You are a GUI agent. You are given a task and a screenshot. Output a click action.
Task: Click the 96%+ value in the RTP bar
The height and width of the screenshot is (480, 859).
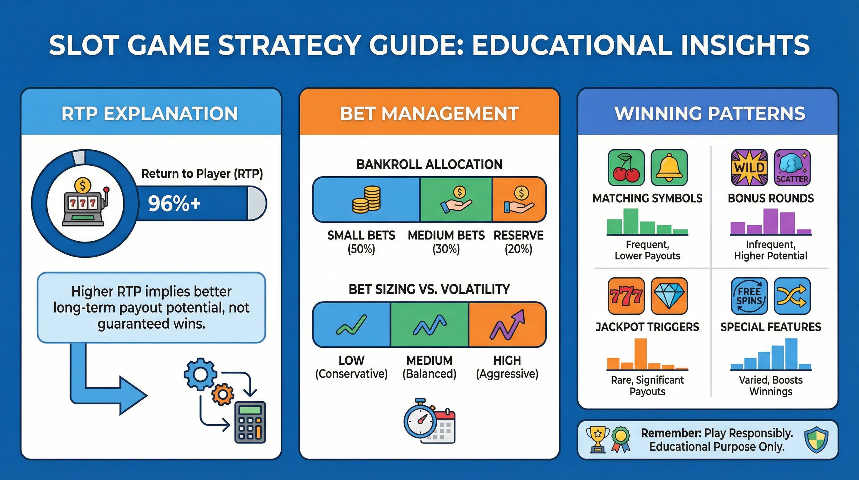[174, 203]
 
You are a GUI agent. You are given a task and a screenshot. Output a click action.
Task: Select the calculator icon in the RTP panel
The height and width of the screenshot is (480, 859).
[250, 422]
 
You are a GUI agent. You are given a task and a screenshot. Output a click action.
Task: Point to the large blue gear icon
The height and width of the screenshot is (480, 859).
[201, 374]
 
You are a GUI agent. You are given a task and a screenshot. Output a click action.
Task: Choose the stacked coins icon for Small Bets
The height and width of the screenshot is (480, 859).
[366, 199]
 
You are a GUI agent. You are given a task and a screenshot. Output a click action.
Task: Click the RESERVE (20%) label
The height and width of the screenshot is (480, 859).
[518, 242]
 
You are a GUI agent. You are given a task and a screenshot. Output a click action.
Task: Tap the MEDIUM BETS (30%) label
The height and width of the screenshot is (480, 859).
[446, 242]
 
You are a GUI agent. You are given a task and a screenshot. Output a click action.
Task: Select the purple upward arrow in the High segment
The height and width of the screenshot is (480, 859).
[507, 325]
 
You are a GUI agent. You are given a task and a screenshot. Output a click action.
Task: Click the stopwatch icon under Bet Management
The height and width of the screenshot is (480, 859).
[420, 417]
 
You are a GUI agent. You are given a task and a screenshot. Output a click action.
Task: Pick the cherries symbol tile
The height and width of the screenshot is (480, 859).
[626, 167]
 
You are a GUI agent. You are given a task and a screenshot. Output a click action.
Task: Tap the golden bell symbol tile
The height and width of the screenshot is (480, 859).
[669, 167]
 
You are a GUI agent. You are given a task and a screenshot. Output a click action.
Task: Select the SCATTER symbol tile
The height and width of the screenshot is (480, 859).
[792, 167]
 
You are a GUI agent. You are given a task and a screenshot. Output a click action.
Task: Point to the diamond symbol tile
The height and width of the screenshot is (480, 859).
[669, 296]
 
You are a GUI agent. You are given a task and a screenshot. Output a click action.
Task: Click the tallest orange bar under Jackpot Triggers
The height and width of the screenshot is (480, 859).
[640, 354]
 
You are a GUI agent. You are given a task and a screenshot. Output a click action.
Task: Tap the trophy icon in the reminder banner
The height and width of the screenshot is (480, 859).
[597, 440]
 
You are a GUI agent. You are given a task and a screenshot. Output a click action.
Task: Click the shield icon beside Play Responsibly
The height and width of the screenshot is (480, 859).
[816, 440]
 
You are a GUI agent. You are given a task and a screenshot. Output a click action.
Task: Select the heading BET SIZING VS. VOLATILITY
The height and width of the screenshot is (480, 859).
[429, 289]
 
